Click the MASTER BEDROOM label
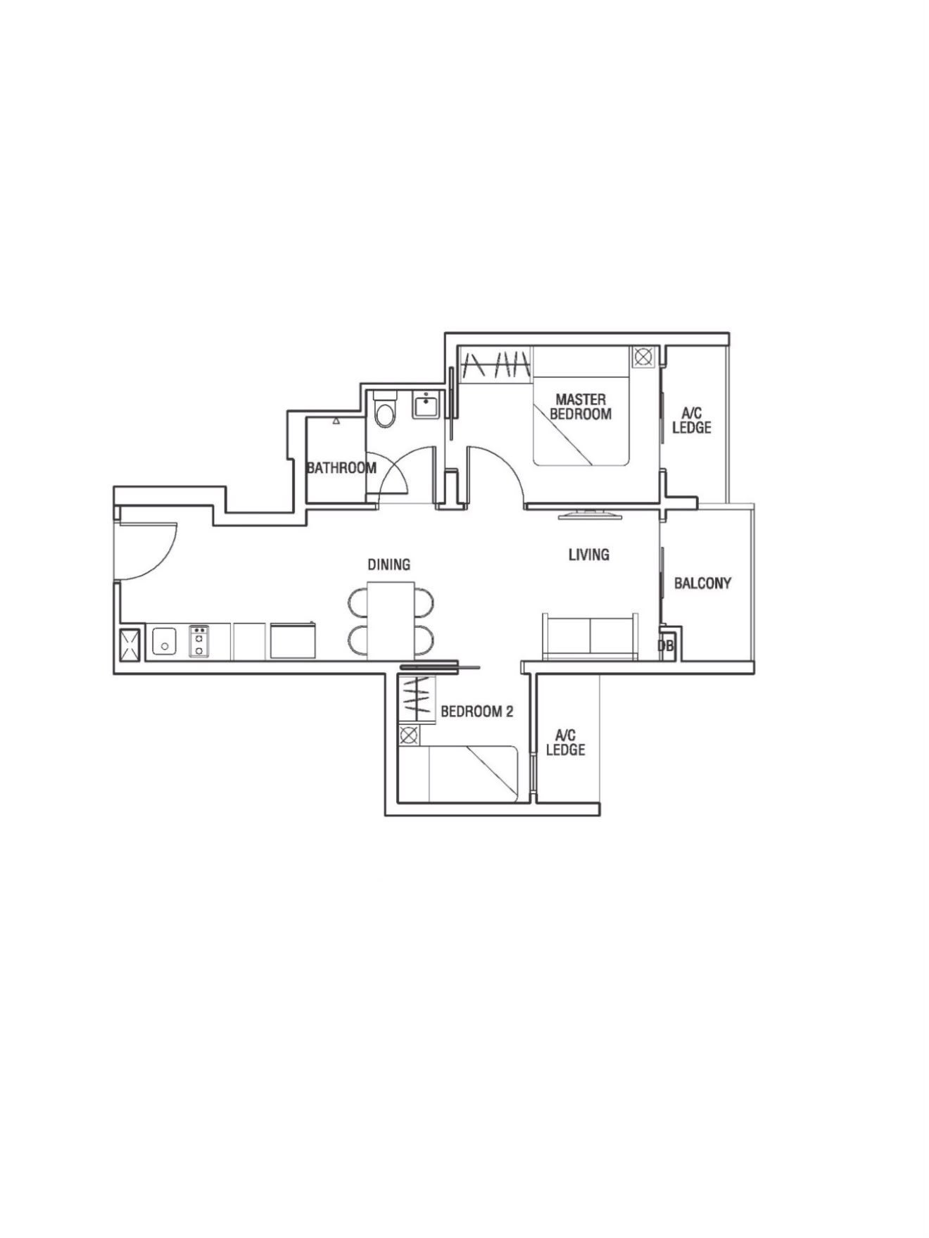coord(581,407)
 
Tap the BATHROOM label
coord(341,468)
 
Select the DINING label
coord(389,564)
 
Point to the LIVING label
coord(589,555)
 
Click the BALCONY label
coord(702,583)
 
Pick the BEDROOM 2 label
coord(477,712)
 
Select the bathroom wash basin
coord(425,406)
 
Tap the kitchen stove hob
coord(200,641)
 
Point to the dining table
coord(391,621)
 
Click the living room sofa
coord(590,636)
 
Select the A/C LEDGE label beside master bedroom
coord(692,421)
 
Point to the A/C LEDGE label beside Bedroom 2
coord(566,743)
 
